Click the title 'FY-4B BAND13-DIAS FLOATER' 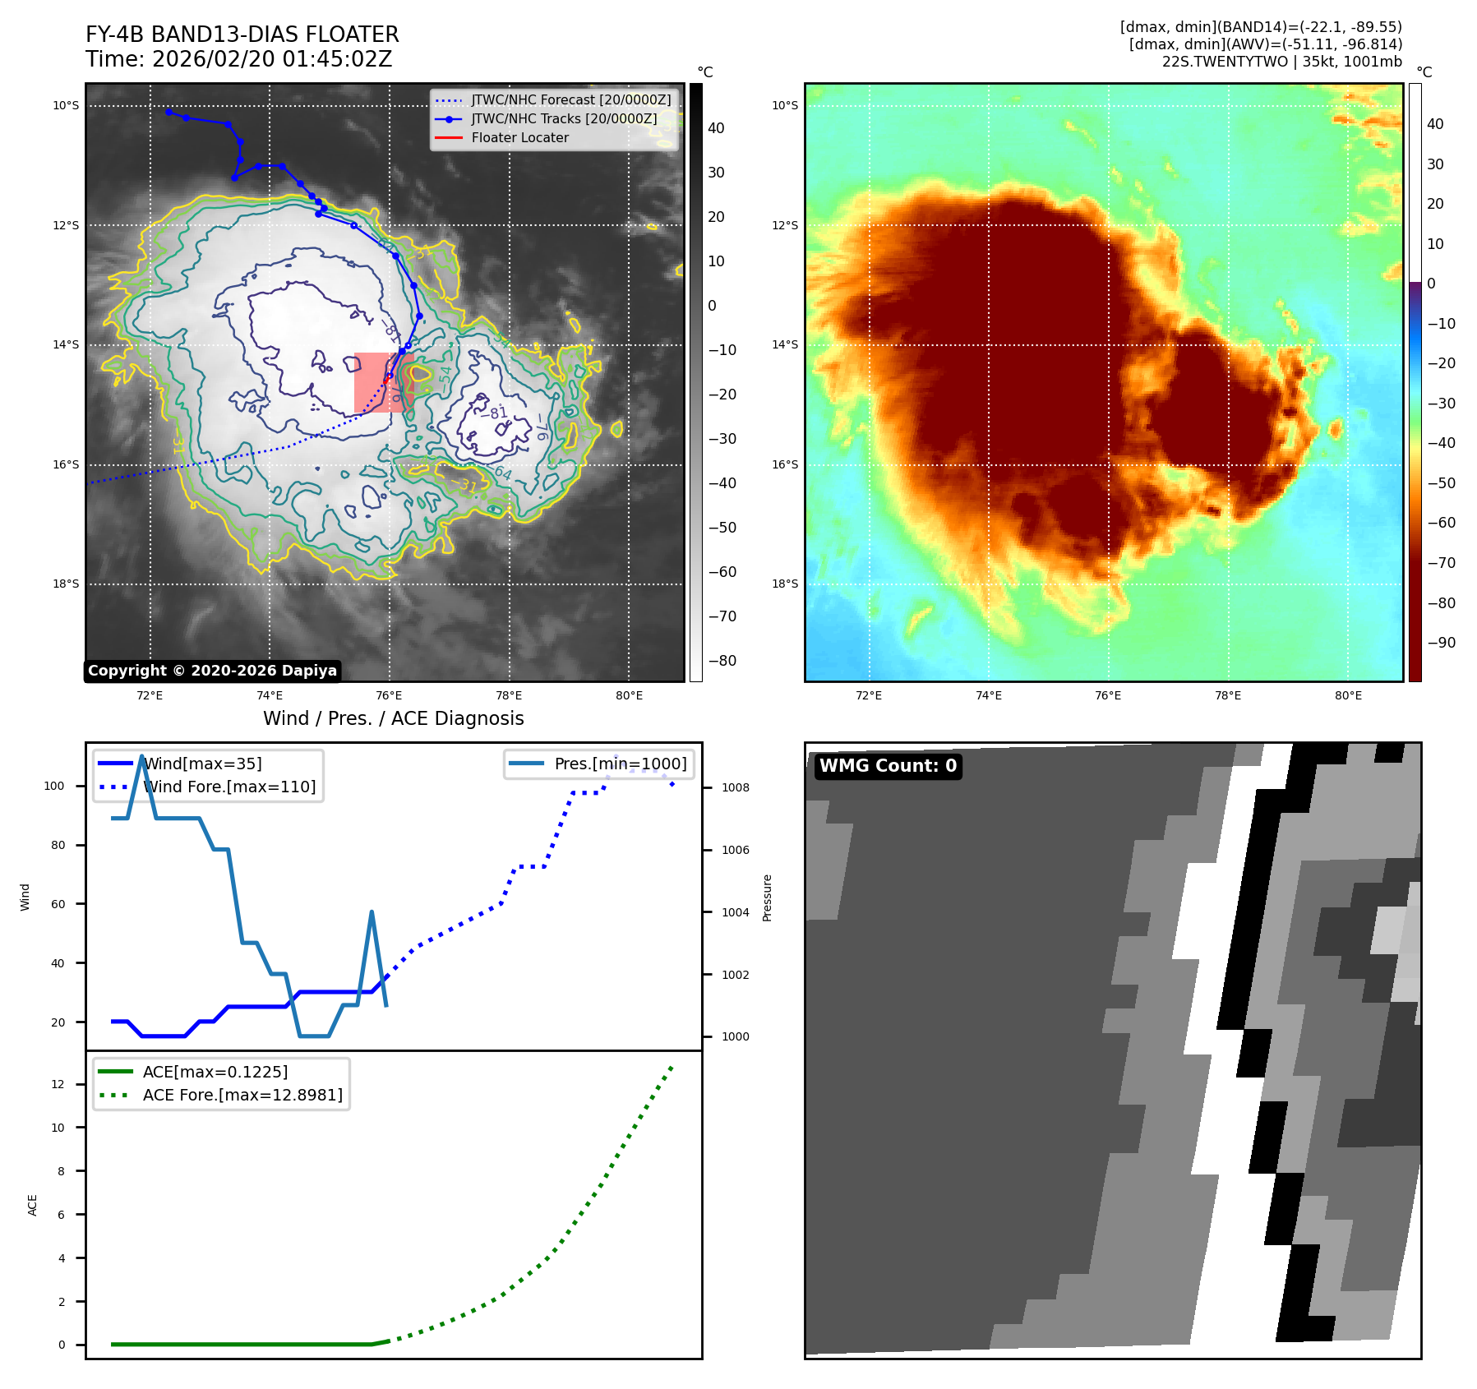(x=242, y=35)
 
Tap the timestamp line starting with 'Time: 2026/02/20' (x=238, y=59)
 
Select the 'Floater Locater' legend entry (x=519, y=137)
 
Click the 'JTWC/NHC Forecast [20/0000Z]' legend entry (x=570, y=99)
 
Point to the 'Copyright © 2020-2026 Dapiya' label (x=212, y=671)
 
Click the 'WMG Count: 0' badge (x=888, y=766)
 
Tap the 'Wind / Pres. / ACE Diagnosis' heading (x=393, y=718)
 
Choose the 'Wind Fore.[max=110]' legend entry (x=229, y=787)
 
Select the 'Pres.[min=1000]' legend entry (x=620, y=764)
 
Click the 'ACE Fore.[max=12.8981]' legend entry (x=242, y=1095)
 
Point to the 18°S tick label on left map (x=67, y=584)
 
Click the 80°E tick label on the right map (x=1348, y=696)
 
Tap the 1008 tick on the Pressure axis (x=735, y=787)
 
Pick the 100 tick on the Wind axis (x=54, y=786)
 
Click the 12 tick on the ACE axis (x=58, y=1084)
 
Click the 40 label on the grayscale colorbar (x=716, y=128)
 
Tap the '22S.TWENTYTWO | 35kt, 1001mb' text (x=1281, y=62)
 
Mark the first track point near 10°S (x=168, y=112)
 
